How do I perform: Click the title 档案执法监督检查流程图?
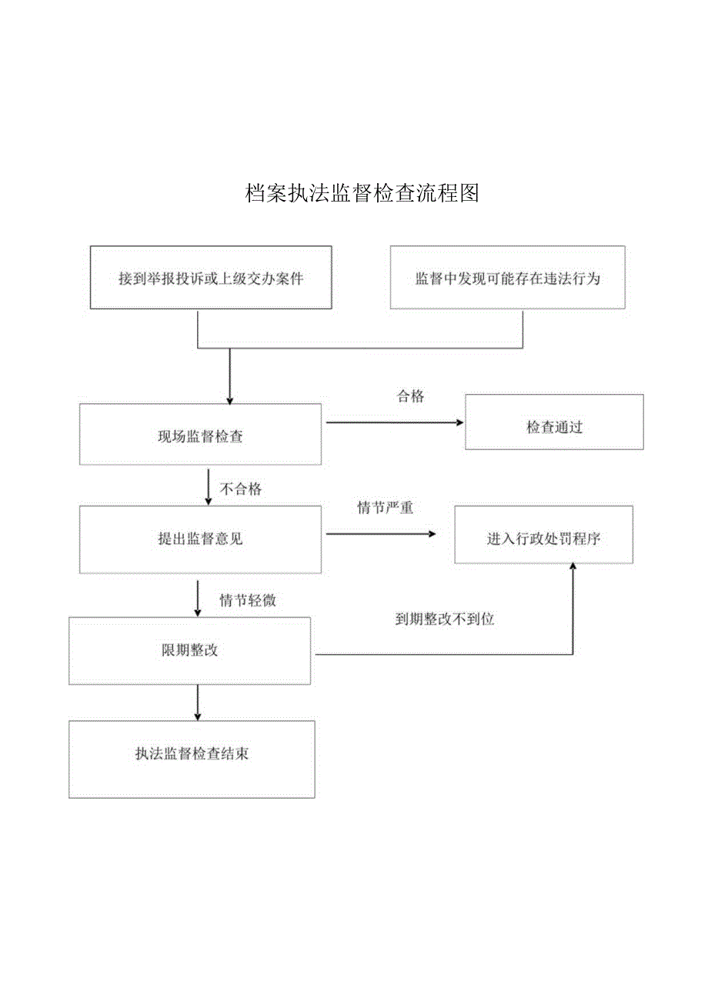[362, 193]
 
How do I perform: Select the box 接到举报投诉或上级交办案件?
[211, 278]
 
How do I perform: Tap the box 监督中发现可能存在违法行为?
[507, 278]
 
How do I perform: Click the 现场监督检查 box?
[200, 436]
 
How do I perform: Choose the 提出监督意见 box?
[200, 539]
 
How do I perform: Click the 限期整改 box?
[191, 651]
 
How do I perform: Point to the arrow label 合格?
[410, 396]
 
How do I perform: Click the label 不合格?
[241, 489]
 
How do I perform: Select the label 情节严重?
[385, 508]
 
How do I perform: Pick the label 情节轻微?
[248, 601]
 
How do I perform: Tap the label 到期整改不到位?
[444, 619]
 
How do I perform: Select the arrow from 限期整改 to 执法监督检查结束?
[198, 702]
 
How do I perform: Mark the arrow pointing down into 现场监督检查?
[229, 377]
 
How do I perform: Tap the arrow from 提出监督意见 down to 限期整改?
[198, 598]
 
